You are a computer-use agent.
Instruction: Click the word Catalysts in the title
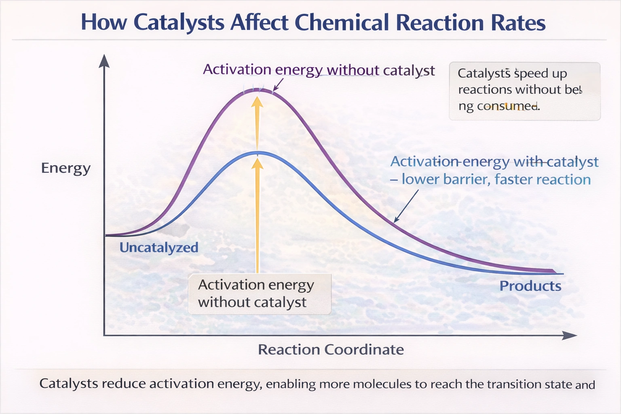[179, 22]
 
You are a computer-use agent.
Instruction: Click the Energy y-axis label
[66, 168]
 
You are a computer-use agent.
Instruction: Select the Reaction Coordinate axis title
[331, 349]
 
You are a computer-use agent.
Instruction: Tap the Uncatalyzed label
[159, 247]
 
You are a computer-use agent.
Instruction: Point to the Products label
[530, 286]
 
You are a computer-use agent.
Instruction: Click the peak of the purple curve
[258, 90]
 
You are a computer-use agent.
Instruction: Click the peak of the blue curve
[258, 153]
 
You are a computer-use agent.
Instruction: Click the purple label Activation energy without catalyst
[319, 70]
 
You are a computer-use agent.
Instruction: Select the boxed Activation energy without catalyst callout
[259, 294]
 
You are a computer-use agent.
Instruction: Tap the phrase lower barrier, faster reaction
[496, 179]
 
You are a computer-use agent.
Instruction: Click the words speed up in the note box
[541, 74]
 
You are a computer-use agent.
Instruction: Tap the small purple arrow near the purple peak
[278, 84]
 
